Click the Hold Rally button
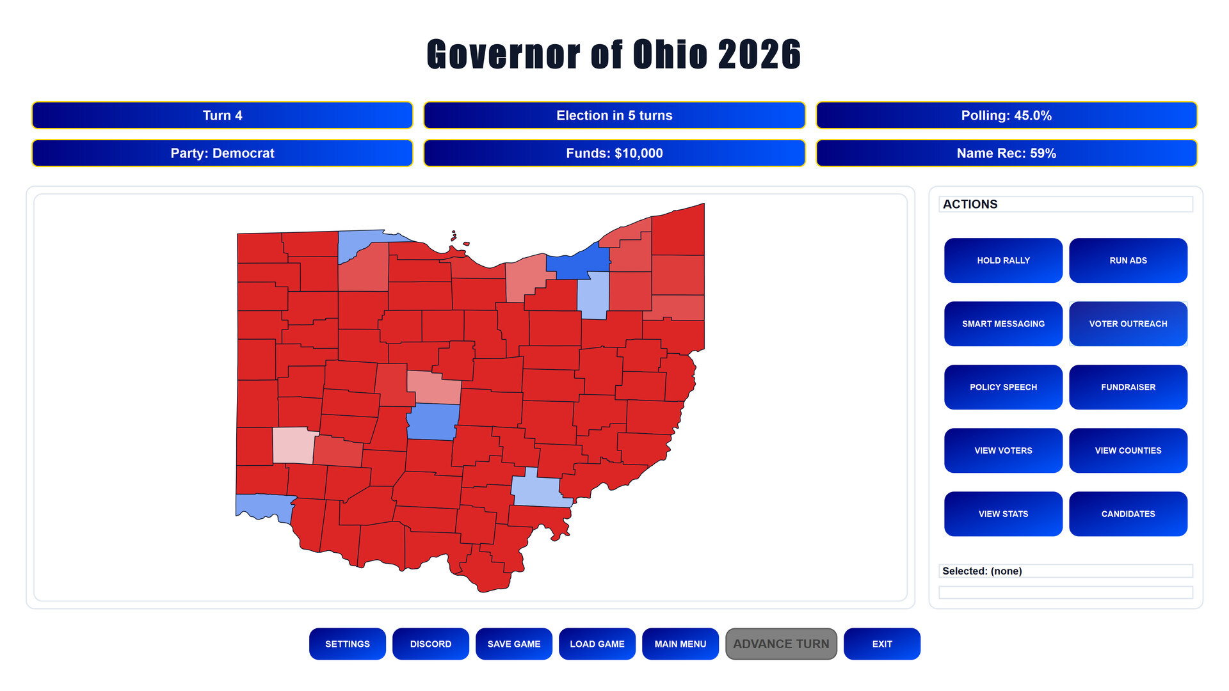[1003, 260]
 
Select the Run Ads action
[1128, 260]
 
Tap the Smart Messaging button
[1003, 324]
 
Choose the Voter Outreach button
[1128, 324]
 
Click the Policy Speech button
[1003, 387]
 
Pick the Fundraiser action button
[1128, 387]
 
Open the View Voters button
[1003, 450]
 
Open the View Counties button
[1128, 450]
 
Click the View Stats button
[1003, 514]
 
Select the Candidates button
[1128, 514]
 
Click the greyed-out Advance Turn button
[781, 644]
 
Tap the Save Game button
[514, 644]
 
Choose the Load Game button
[597, 644]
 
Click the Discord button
[431, 644]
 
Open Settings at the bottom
[348, 644]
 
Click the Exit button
[882, 644]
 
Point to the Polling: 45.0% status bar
[1006, 115]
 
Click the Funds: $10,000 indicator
[614, 153]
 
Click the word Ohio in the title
[670, 54]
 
